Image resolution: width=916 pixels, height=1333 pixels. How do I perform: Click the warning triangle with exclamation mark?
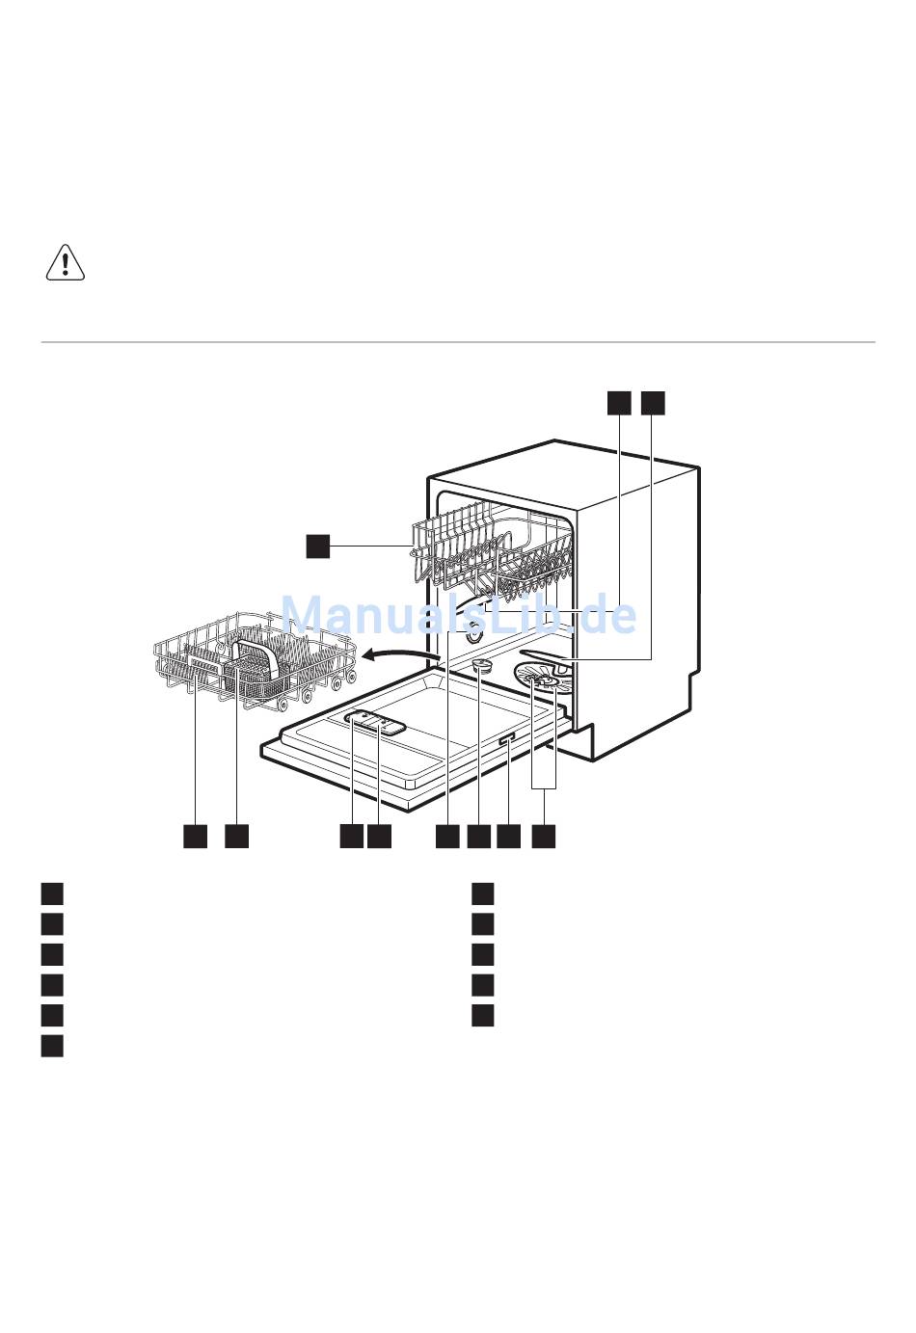pyautogui.click(x=66, y=262)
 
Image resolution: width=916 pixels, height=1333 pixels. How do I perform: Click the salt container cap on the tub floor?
pyautogui.click(x=481, y=665)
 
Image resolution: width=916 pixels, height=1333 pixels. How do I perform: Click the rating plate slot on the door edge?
pyautogui.click(x=508, y=738)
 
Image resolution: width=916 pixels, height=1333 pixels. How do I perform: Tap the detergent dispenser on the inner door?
pyautogui.click(x=375, y=723)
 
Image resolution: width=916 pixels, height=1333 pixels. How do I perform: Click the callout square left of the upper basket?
pyautogui.click(x=318, y=547)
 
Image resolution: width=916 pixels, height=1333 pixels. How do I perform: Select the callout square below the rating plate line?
pyautogui.click(x=508, y=836)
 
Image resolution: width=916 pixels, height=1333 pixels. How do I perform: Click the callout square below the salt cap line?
pyautogui.click(x=479, y=836)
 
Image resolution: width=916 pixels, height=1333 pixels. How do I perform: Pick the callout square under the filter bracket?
pyautogui.click(x=544, y=836)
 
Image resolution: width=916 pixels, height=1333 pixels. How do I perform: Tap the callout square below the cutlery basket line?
pyautogui.click(x=236, y=836)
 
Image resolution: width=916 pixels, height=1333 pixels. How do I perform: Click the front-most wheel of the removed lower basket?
pyautogui.click(x=283, y=706)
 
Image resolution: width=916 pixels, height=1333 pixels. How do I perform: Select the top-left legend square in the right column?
pyautogui.click(x=483, y=894)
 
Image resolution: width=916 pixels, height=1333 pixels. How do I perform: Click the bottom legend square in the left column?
pyautogui.click(x=52, y=1046)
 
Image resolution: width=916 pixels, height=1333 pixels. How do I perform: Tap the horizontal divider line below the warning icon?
pyautogui.click(x=458, y=342)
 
